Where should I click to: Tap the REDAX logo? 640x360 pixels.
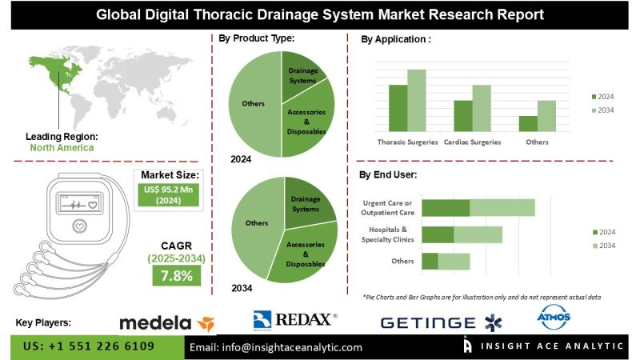295,320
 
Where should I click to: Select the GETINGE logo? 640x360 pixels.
439,322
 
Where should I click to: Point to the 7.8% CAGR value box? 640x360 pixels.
178,276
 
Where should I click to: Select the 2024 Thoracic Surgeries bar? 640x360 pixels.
398,108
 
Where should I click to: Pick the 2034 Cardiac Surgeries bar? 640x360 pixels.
481,108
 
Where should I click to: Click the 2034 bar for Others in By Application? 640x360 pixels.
546,116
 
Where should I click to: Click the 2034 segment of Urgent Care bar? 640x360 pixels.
502,208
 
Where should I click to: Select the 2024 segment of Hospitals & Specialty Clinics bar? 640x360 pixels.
438,234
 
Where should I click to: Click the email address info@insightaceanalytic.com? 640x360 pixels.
275,347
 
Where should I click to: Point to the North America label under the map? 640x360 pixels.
62,147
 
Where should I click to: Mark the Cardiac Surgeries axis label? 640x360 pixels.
472,142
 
